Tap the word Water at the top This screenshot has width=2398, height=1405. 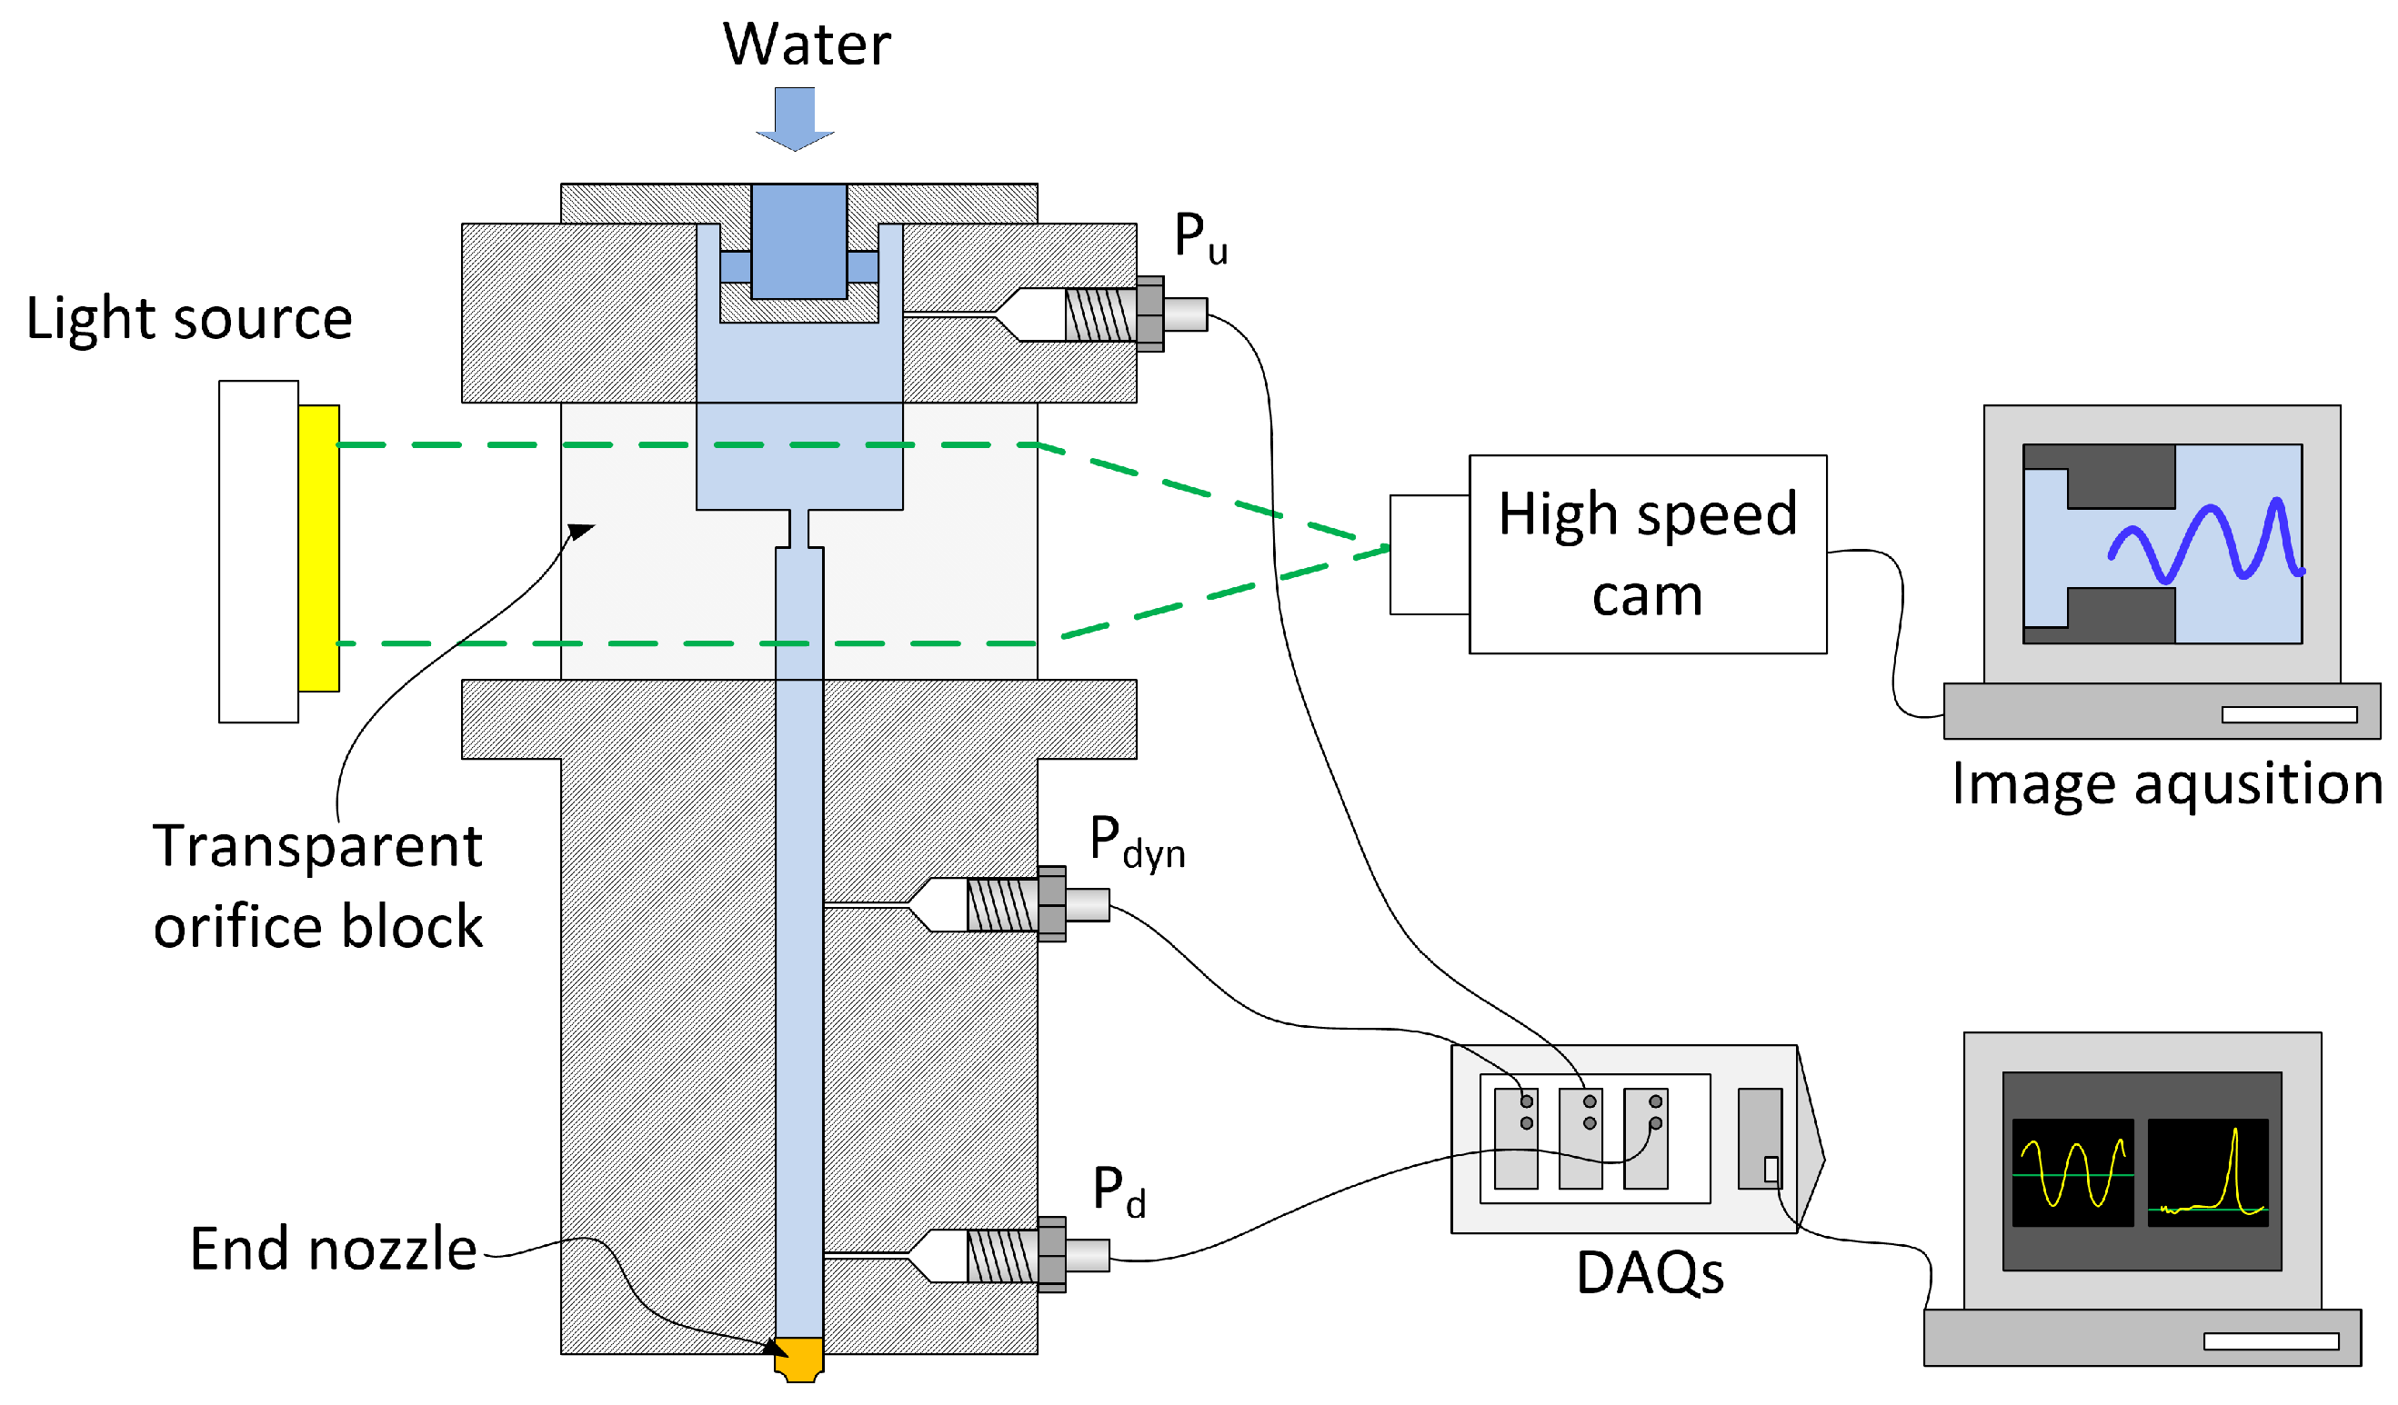(x=806, y=45)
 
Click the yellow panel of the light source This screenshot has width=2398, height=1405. (x=318, y=548)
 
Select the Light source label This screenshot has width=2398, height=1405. (x=188, y=318)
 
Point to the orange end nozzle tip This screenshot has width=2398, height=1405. (x=798, y=1359)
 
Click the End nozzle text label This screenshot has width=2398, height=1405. (x=332, y=1249)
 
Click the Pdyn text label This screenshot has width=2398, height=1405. (x=1137, y=842)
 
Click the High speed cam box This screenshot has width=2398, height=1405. (x=1647, y=554)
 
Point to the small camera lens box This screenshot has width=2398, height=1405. (x=1429, y=554)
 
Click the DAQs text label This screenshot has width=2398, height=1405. (x=1649, y=1273)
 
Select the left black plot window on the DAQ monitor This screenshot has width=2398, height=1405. (x=2072, y=1172)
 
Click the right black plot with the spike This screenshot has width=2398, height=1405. (x=2207, y=1172)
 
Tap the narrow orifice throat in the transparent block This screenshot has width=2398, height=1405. (x=798, y=529)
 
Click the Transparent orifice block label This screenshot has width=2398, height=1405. (x=318, y=885)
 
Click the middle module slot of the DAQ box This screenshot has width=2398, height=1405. (x=1580, y=1139)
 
